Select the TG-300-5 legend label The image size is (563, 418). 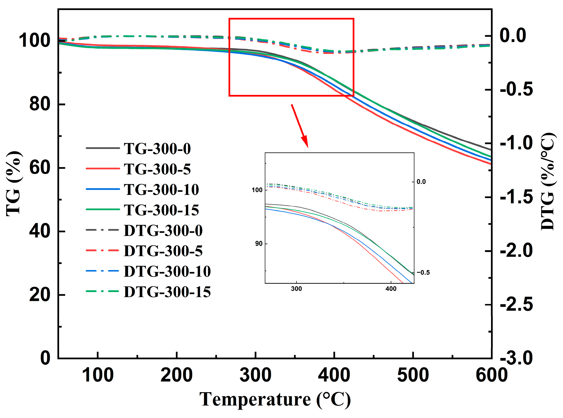157,169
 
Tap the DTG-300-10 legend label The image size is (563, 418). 167,272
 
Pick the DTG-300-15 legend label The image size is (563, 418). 167,292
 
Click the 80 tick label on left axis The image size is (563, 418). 40,104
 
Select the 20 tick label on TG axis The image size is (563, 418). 40,295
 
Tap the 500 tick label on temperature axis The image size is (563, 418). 413,375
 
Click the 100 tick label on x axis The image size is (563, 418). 98,375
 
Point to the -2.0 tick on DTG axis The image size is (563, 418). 516,251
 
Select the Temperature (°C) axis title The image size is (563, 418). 275,400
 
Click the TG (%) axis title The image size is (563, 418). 14,184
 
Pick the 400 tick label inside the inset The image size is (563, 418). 391,289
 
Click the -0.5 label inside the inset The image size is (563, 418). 423,272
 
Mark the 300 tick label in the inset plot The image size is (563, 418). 296,289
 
